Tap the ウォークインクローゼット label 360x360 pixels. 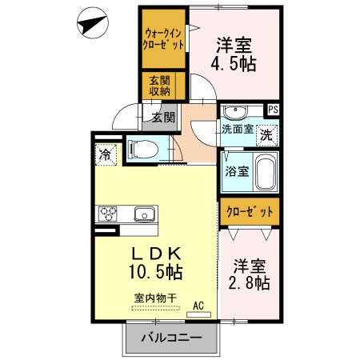pyautogui.click(x=164, y=39)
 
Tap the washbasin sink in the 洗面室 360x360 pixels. pyautogui.click(x=235, y=112)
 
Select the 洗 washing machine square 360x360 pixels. pyautogui.click(x=266, y=134)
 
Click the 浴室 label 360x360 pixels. pyautogui.click(x=238, y=170)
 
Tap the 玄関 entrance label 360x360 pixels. pyautogui.click(x=162, y=118)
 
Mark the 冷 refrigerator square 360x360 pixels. pyautogui.click(x=106, y=154)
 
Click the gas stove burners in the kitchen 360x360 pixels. pyautogui.click(x=108, y=214)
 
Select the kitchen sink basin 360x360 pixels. pyautogui.click(x=144, y=214)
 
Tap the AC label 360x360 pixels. pyautogui.click(x=200, y=305)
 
